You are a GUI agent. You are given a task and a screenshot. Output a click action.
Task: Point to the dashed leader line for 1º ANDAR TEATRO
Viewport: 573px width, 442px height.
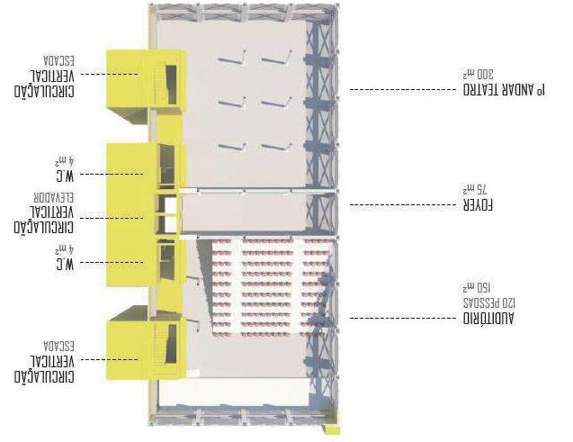(396, 90)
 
